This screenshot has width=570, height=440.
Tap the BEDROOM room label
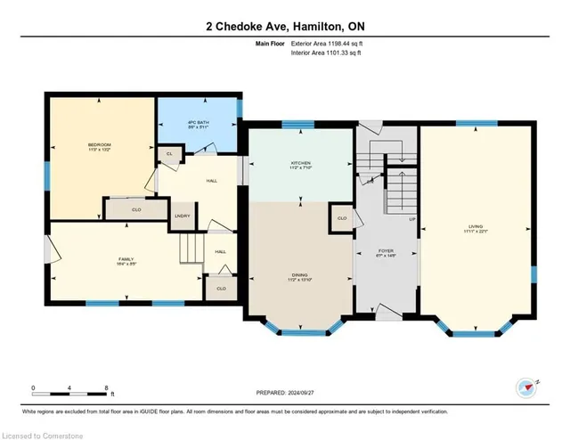(99, 146)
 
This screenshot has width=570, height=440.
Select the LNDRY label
(183, 216)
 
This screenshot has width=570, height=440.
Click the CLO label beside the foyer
(342, 217)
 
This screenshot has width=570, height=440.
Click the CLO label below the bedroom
(136, 210)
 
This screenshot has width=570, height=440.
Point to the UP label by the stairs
(411, 219)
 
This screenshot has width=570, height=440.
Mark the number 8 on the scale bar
(107, 387)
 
